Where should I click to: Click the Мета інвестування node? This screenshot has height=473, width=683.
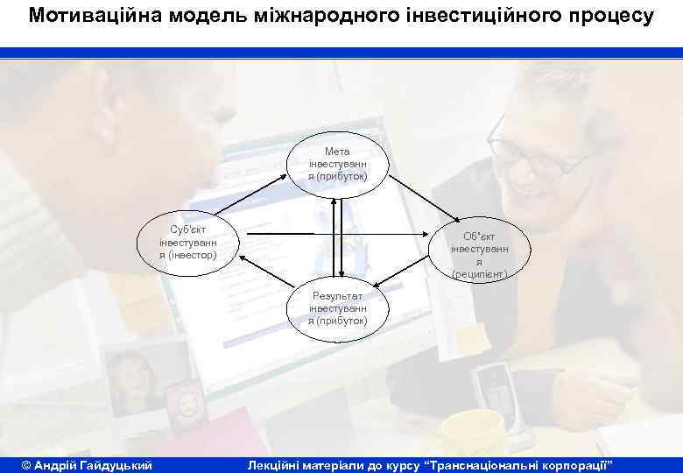click(x=338, y=164)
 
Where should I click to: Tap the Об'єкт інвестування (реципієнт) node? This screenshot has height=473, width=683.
click(x=479, y=250)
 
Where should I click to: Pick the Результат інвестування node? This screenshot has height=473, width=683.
click(x=338, y=308)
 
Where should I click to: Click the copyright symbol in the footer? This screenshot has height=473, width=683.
click(x=25, y=462)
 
